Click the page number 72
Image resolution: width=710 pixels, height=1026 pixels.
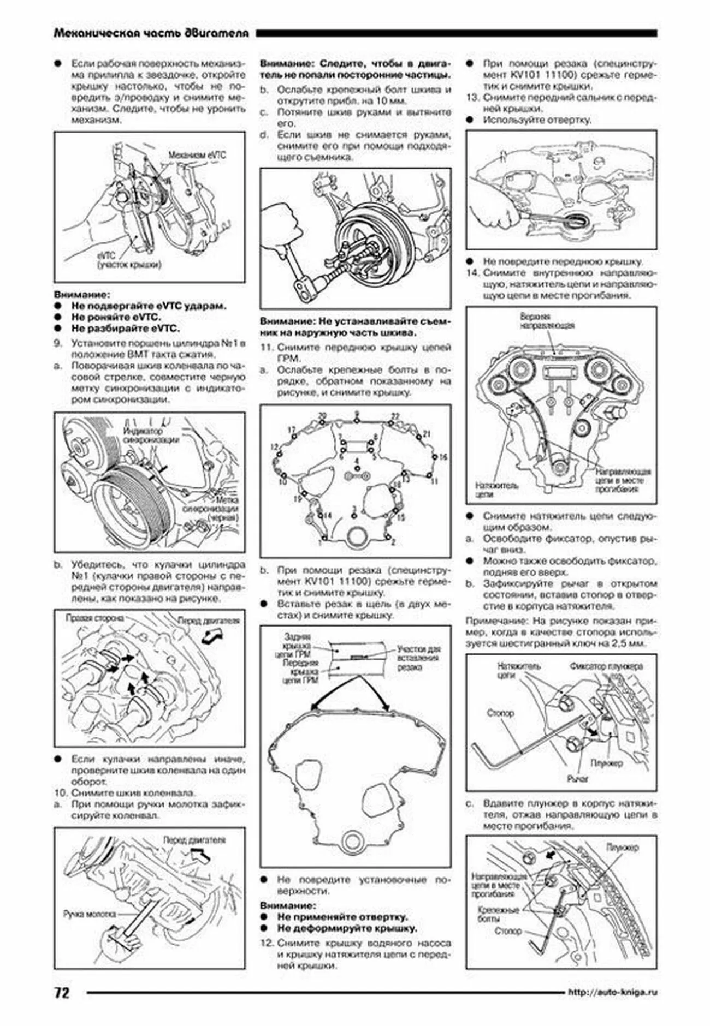62,992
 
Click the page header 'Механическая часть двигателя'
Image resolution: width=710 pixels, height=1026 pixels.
151,33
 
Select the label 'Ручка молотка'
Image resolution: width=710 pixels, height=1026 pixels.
89,914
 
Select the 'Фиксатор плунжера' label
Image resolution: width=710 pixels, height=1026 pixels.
606,666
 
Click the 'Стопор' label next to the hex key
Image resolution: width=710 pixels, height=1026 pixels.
500,713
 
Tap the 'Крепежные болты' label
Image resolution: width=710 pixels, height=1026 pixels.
498,915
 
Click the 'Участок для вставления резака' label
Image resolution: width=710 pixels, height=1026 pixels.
418,658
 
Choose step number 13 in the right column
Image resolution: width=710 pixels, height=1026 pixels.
472,98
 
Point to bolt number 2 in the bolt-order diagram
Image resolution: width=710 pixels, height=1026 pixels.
393,543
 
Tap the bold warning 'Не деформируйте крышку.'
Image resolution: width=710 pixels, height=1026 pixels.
347,928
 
